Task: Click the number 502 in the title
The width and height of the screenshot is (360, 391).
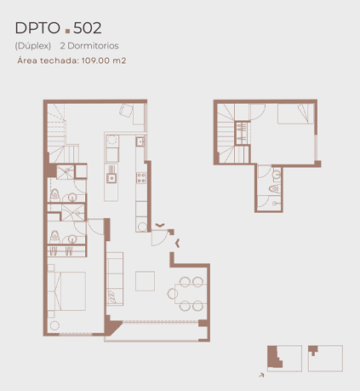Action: point(88,28)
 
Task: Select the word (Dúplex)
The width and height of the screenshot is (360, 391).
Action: point(33,46)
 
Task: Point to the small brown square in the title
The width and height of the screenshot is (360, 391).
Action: point(67,31)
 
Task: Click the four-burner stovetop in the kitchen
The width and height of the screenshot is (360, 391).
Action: point(141,178)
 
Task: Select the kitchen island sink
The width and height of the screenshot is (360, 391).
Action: point(111,178)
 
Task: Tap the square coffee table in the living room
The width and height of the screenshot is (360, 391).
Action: point(145,281)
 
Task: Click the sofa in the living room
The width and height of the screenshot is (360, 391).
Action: point(115,279)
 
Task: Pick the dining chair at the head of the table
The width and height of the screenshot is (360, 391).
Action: point(173,294)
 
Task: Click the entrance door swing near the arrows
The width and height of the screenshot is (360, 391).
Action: point(159,238)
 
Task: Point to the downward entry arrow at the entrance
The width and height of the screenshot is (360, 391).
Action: point(160,226)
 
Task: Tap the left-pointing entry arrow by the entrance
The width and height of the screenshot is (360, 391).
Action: point(178,244)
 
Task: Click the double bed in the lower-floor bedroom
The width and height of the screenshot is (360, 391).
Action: point(66,291)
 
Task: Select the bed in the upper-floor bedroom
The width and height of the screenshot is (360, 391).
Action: point(295,113)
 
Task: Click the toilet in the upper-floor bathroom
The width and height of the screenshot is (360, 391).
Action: point(275,188)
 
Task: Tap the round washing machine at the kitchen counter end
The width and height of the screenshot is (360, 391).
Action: point(142,227)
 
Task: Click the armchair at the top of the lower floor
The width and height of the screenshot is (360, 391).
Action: point(126,111)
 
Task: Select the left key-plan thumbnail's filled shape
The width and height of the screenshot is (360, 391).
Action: point(274,357)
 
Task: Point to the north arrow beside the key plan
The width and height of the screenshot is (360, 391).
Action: point(261,375)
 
